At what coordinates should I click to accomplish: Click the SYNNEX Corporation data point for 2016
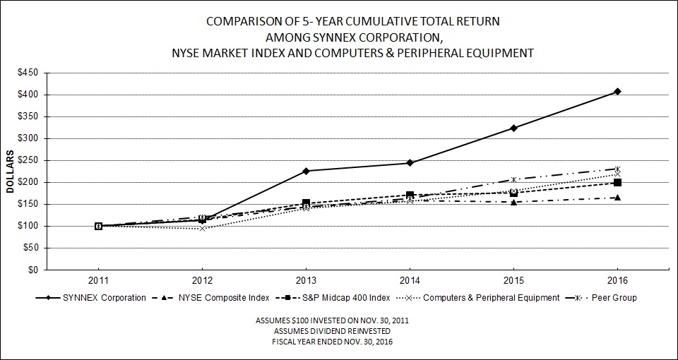pyautogui.click(x=617, y=91)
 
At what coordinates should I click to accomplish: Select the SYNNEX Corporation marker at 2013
pyautogui.click(x=306, y=171)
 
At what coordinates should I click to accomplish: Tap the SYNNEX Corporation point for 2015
pyautogui.click(x=513, y=128)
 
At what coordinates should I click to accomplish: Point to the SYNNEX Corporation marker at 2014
pyautogui.click(x=410, y=162)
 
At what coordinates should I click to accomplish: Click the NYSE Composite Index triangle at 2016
pyautogui.click(x=617, y=198)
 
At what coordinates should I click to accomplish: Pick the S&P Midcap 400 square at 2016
pyautogui.click(x=617, y=182)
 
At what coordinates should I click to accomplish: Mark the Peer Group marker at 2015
pyautogui.click(x=513, y=179)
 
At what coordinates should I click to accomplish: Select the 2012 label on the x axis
pyautogui.click(x=202, y=280)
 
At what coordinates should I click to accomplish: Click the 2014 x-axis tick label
pyautogui.click(x=410, y=280)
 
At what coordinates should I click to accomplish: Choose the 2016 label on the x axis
pyautogui.click(x=617, y=280)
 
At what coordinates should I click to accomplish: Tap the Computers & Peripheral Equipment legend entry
pyautogui.click(x=492, y=298)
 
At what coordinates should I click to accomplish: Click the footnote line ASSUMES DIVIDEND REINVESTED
pyautogui.click(x=332, y=331)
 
